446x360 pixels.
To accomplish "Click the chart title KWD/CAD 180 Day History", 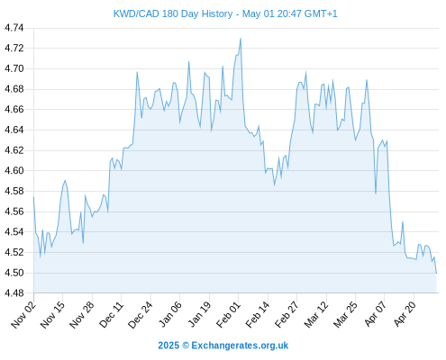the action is pyautogui.click(x=173, y=13).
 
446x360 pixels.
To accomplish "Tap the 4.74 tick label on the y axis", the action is pyautogui.click(x=14, y=28).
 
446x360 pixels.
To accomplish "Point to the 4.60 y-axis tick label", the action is pyautogui.click(x=14, y=170).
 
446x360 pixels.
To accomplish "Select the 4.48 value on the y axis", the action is pyautogui.click(x=14, y=292).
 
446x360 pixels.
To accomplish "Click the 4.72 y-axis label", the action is pyautogui.click(x=14, y=48).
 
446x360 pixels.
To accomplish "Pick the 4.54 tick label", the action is pyautogui.click(x=14, y=231).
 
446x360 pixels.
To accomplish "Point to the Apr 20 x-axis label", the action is pyautogui.click(x=405, y=314).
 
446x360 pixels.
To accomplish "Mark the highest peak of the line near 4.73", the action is pyautogui.click(x=241, y=39).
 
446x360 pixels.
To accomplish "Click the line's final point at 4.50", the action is pyautogui.click(x=436, y=273).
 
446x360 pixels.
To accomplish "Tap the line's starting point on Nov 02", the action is pyautogui.click(x=33, y=197).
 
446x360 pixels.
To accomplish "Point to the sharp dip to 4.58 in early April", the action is pyautogui.click(x=376, y=193).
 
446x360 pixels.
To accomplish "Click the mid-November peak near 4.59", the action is pyautogui.click(x=65, y=180).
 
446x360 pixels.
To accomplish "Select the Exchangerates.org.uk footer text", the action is pyautogui.click(x=240, y=346).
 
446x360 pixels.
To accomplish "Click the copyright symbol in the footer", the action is pyautogui.click(x=186, y=346).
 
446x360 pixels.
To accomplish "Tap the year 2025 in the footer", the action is pyautogui.click(x=168, y=346).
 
